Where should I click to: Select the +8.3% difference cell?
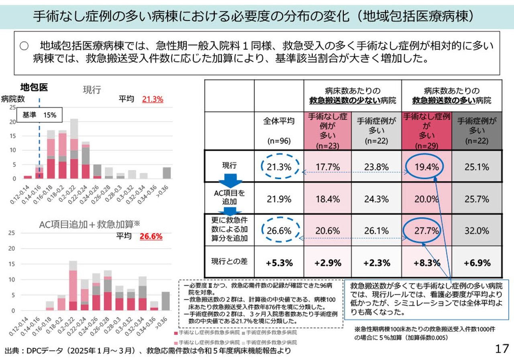tap(426, 263)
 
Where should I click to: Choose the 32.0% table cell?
tap(477, 231)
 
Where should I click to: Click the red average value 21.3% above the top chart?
tap(152, 99)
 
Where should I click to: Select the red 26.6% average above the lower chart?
tap(151, 236)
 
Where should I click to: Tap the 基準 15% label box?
tap(39, 115)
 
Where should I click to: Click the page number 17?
tap(502, 348)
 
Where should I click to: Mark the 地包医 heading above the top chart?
tap(34, 87)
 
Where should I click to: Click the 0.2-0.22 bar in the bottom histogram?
tap(73, 285)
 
